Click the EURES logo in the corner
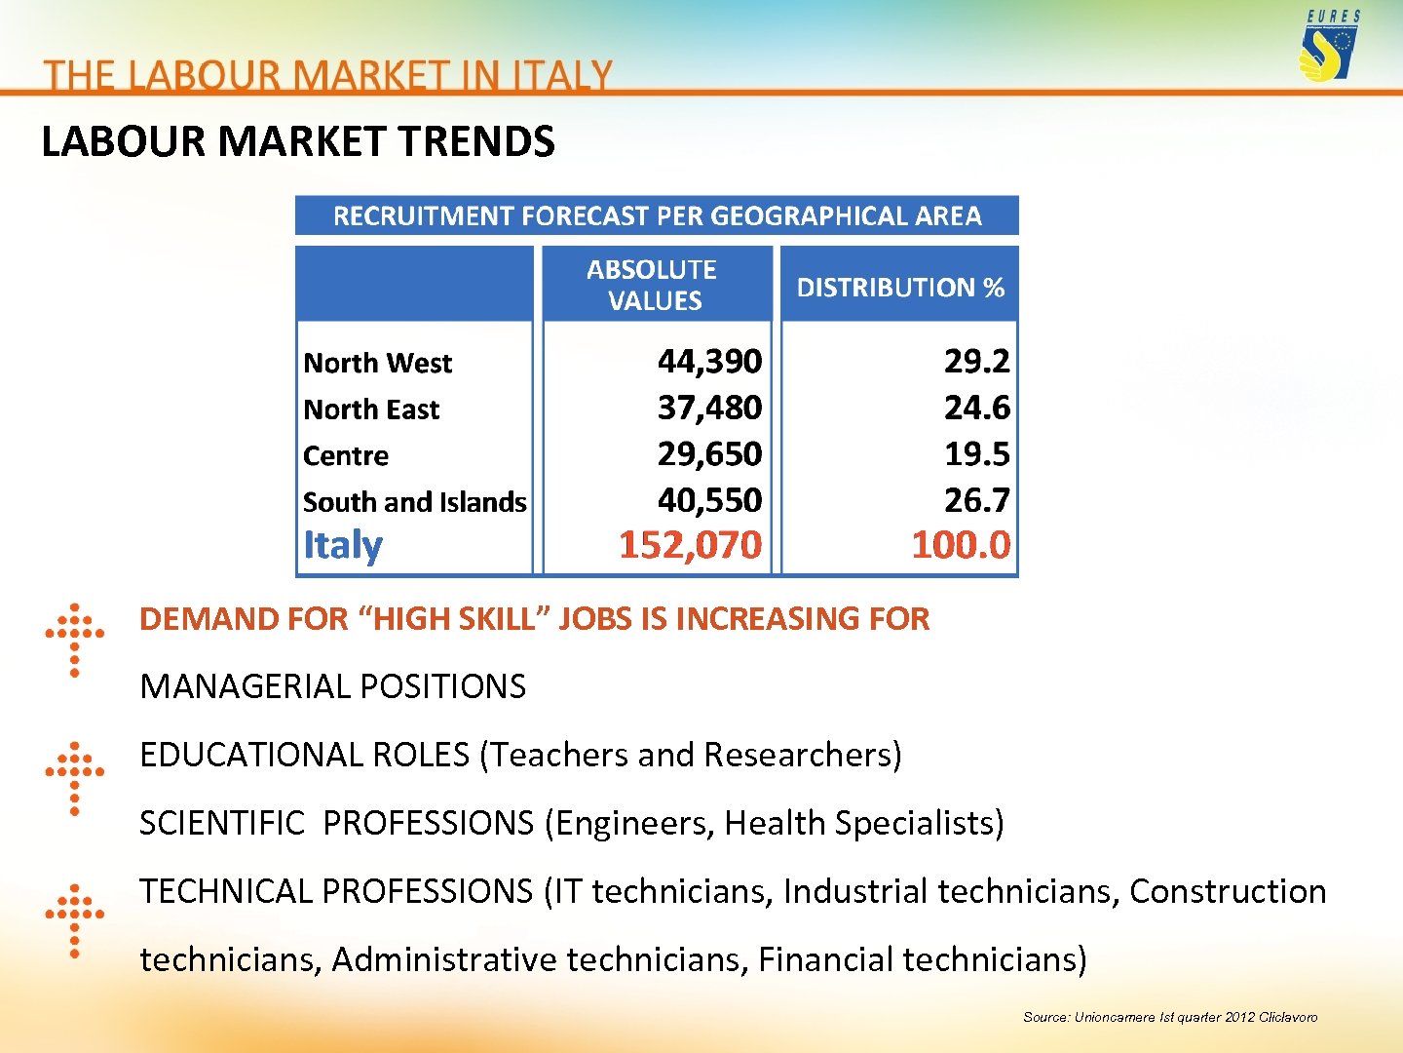click(1330, 47)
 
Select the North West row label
click(378, 363)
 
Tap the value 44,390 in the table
click(709, 361)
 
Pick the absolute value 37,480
click(709, 408)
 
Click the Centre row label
click(346, 455)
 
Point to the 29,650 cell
click(709, 454)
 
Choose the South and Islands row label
click(414, 502)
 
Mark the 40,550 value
click(709, 500)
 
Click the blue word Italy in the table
click(343, 545)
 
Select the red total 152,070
click(690, 545)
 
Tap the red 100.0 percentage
click(961, 545)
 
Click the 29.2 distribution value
click(976, 361)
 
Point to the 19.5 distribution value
click(976, 454)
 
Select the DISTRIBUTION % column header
click(900, 288)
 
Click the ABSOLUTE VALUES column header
click(653, 285)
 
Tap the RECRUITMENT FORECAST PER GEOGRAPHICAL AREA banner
click(657, 215)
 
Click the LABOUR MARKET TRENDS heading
click(298, 142)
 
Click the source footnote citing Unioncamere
click(1169, 1017)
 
